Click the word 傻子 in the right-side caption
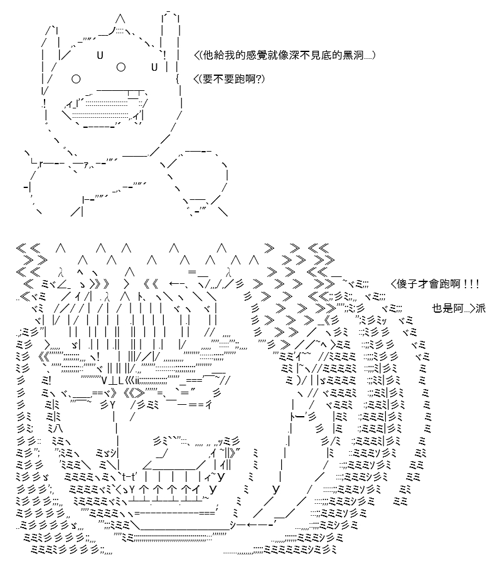tap(407, 284)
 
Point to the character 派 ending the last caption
tap(481, 308)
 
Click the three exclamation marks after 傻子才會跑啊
tap(471, 284)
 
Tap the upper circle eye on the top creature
tap(121, 67)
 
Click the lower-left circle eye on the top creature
tap(76, 79)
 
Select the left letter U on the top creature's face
tap(100, 55)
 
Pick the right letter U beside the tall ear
tap(154, 67)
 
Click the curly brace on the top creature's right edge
tap(178, 79)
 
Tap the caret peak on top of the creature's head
tap(121, 18)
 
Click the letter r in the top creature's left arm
tap(41, 164)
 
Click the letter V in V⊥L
tap(104, 381)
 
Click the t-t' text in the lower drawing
tap(129, 478)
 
